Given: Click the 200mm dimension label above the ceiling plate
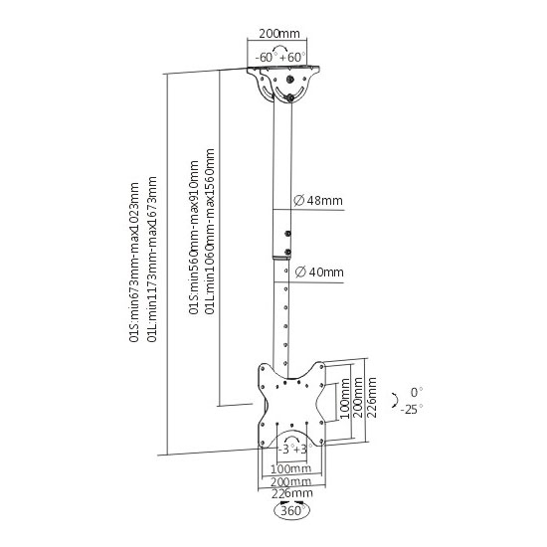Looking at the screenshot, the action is (279, 34).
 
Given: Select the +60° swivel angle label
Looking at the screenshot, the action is (292, 57).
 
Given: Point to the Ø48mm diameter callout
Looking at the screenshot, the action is (318, 201).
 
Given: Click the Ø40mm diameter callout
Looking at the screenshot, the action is (319, 272).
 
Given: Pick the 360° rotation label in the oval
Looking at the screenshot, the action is (292, 511).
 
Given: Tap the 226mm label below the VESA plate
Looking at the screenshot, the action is (292, 493).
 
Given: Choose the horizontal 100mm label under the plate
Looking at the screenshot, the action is (291, 468).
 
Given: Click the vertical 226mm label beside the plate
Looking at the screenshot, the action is (372, 397).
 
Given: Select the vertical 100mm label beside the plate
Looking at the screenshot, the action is (344, 399).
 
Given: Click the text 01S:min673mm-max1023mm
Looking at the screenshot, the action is (134, 262).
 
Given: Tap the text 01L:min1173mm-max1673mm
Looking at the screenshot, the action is (152, 260).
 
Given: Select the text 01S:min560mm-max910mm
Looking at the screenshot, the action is (194, 238).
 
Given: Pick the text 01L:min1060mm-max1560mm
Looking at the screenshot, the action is (210, 232).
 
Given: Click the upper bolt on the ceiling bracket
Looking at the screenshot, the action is (289, 80).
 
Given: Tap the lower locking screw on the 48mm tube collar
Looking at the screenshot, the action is (287, 252).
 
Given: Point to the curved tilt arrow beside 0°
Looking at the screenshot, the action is (395, 400).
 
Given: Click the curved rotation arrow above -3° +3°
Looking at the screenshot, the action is (292, 437).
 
